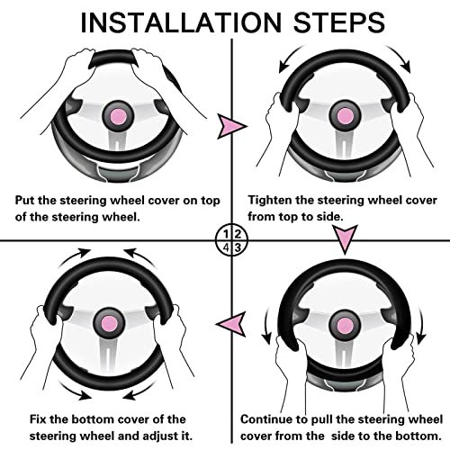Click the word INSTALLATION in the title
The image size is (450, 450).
(x=181, y=22)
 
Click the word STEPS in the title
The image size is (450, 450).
(x=339, y=22)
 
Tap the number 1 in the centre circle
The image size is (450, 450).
(x=227, y=234)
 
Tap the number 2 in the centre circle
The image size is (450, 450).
(x=238, y=234)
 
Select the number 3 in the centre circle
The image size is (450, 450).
(x=238, y=247)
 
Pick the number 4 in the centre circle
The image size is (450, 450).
(x=227, y=247)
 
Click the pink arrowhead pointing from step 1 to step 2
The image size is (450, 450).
(x=231, y=126)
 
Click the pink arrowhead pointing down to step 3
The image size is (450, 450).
(x=346, y=238)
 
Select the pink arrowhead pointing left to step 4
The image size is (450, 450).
(x=230, y=324)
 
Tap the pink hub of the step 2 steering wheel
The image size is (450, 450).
(x=345, y=116)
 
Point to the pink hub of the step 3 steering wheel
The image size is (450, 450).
(x=345, y=326)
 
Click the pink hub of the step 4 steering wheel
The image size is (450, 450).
(x=109, y=323)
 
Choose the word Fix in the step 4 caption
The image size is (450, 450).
(x=38, y=419)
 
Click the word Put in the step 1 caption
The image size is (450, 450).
(x=24, y=200)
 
